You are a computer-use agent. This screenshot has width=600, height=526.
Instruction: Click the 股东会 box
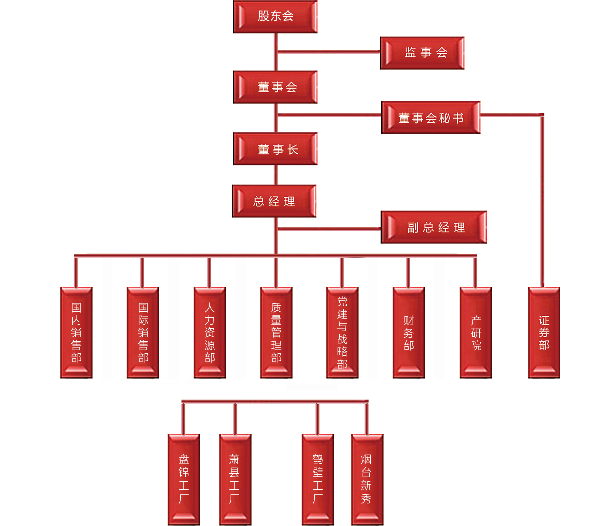(275, 17)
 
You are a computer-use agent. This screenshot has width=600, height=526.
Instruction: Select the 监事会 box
(422, 53)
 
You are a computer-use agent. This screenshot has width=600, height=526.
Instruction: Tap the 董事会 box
(275, 87)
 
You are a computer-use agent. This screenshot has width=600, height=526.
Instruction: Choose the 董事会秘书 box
(431, 118)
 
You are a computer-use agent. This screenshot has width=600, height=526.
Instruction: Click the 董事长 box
(275, 149)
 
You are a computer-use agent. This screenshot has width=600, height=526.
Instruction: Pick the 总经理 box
(274, 201)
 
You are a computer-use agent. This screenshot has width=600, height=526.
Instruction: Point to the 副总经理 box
(434, 227)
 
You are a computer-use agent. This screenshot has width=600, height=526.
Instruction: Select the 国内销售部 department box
(76, 332)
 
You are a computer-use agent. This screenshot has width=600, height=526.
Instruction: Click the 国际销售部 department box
(143, 332)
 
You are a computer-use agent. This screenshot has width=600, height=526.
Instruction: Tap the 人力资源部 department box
(210, 332)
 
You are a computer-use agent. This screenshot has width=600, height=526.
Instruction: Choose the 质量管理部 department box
(276, 332)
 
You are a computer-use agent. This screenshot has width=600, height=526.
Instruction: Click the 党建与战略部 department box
(342, 332)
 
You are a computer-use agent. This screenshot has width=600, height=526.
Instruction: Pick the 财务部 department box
(409, 332)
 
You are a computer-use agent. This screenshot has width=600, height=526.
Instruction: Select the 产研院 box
(476, 332)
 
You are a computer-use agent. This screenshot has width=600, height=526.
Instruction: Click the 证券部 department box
(544, 332)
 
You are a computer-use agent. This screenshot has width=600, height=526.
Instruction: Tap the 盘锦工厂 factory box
(184, 479)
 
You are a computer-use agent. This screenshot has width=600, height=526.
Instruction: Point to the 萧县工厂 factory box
(235, 479)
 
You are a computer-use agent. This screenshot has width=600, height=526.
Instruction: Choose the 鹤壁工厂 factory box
(318, 479)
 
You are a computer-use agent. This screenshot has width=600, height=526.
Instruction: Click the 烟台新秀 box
(367, 479)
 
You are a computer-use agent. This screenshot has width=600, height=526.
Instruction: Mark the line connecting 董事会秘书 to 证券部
(542, 200)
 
